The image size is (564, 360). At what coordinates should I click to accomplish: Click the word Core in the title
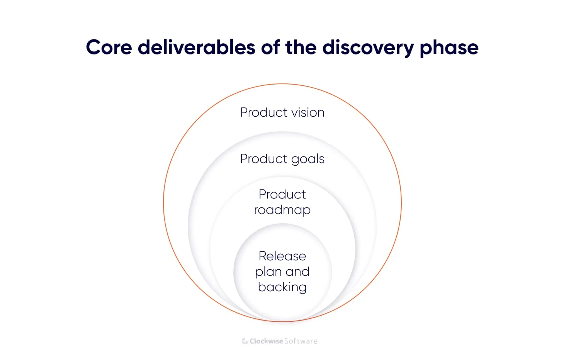click(x=109, y=48)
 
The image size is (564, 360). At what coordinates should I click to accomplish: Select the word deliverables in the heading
click(x=197, y=48)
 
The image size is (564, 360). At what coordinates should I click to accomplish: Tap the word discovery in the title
click(x=368, y=48)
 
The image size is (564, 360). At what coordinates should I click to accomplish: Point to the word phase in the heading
click(x=449, y=48)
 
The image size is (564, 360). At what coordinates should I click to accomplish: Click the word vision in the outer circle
click(x=308, y=112)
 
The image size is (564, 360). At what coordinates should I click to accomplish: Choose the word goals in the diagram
click(x=308, y=159)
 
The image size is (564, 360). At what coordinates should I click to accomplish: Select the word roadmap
click(x=282, y=210)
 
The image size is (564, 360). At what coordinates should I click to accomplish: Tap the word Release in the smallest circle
click(x=282, y=256)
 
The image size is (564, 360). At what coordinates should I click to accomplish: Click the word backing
click(x=282, y=287)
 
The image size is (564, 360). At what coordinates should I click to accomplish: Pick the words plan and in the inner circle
click(x=282, y=272)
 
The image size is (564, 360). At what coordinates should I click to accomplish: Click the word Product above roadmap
click(x=282, y=194)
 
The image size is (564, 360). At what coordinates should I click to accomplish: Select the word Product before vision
click(x=264, y=112)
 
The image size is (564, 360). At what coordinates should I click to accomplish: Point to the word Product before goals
click(x=264, y=159)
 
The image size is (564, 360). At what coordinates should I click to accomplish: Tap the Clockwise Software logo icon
click(x=245, y=341)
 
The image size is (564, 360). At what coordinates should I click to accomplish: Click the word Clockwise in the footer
click(x=266, y=341)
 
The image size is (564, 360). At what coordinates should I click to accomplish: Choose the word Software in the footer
click(x=301, y=341)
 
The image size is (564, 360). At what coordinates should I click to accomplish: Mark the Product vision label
click(x=282, y=112)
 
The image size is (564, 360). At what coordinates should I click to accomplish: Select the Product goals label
click(x=282, y=159)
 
